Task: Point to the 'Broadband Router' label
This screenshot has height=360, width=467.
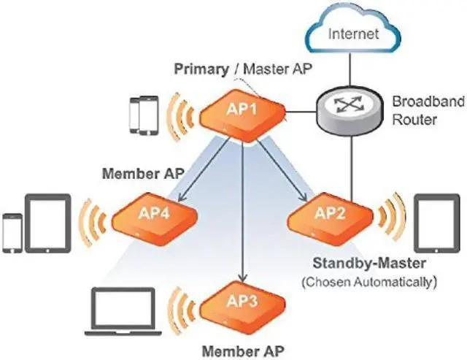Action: click(428, 110)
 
